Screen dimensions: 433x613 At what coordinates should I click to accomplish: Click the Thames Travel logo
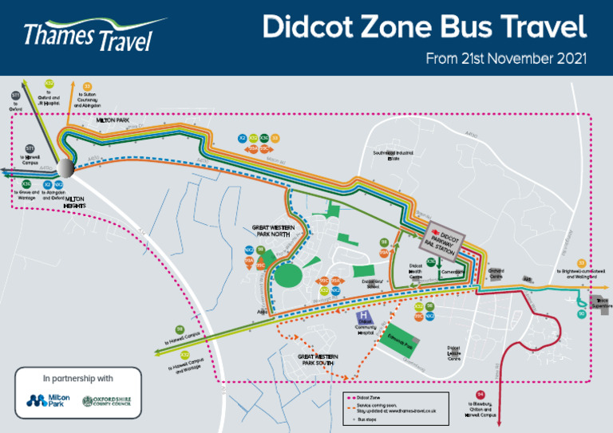click(88, 36)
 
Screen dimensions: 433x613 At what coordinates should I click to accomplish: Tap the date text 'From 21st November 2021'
click(506, 58)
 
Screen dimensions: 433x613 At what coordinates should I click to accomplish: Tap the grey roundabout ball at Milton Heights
click(67, 170)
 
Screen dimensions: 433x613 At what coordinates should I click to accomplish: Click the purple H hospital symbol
click(365, 317)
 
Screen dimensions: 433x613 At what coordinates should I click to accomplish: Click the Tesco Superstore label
click(599, 303)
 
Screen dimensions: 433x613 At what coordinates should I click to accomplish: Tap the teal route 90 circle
click(582, 314)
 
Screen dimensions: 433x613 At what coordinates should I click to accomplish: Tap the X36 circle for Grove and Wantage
click(26, 184)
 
